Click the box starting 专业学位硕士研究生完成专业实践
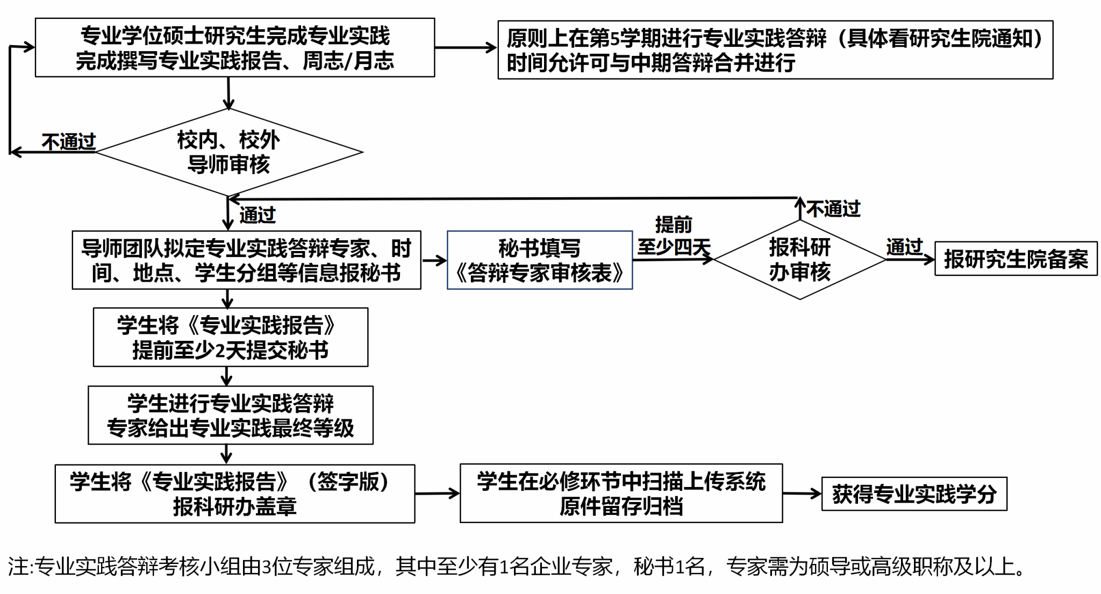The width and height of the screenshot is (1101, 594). click(x=234, y=48)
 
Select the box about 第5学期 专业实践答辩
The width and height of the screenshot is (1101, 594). click(x=775, y=50)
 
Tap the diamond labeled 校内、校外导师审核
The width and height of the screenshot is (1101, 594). click(x=229, y=152)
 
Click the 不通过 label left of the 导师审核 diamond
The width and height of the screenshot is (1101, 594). click(x=68, y=142)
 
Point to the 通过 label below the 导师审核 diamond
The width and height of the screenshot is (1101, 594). click(x=258, y=215)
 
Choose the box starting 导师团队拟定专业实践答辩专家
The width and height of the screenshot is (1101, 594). click(x=246, y=260)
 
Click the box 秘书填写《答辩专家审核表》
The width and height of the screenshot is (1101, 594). click(x=539, y=260)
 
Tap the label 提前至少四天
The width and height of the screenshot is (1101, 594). click(x=674, y=235)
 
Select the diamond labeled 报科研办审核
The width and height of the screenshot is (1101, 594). click(x=799, y=260)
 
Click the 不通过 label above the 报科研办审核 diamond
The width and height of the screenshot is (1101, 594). click(x=833, y=209)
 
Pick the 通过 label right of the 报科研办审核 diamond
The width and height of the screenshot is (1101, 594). click(x=904, y=247)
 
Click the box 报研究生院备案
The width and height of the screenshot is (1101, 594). click(x=1016, y=259)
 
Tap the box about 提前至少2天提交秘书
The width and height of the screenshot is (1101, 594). click(x=230, y=338)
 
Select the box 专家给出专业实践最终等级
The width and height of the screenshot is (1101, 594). click(x=230, y=416)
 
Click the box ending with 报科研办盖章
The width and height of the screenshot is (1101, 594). click(x=234, y=493)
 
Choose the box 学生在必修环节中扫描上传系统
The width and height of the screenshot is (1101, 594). click(x=621, y=493)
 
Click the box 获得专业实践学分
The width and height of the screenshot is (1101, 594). click(x=914, y=494)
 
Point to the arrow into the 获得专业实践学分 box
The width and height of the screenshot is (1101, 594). click(x=802, y=493)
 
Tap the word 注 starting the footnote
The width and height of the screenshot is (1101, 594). click(x=18, y=567)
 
